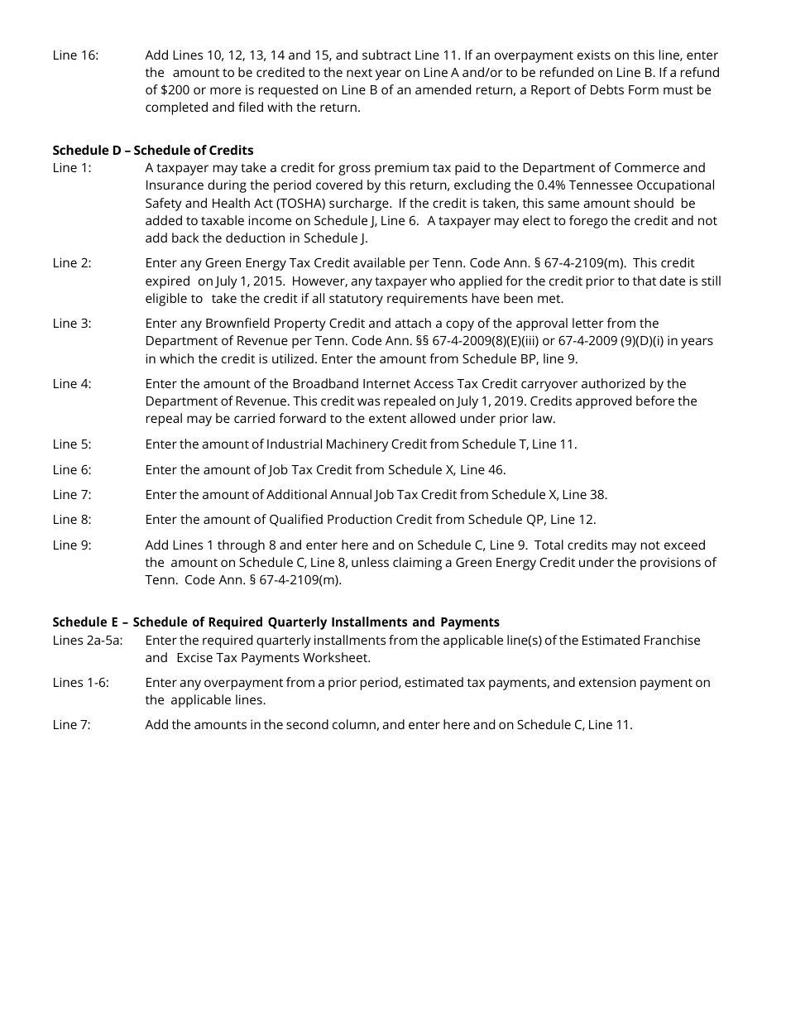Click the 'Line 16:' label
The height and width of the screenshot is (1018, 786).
point(75,55)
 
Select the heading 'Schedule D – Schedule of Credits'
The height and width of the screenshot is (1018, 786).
point(153,150)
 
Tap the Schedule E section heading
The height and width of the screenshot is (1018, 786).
point(276,622)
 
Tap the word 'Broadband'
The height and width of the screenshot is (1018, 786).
point(324,384)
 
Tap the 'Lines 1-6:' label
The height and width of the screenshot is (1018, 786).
point(80,683)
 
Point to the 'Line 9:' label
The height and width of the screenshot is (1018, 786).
point(72,545)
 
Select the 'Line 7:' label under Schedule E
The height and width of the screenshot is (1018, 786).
point(72,725)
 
